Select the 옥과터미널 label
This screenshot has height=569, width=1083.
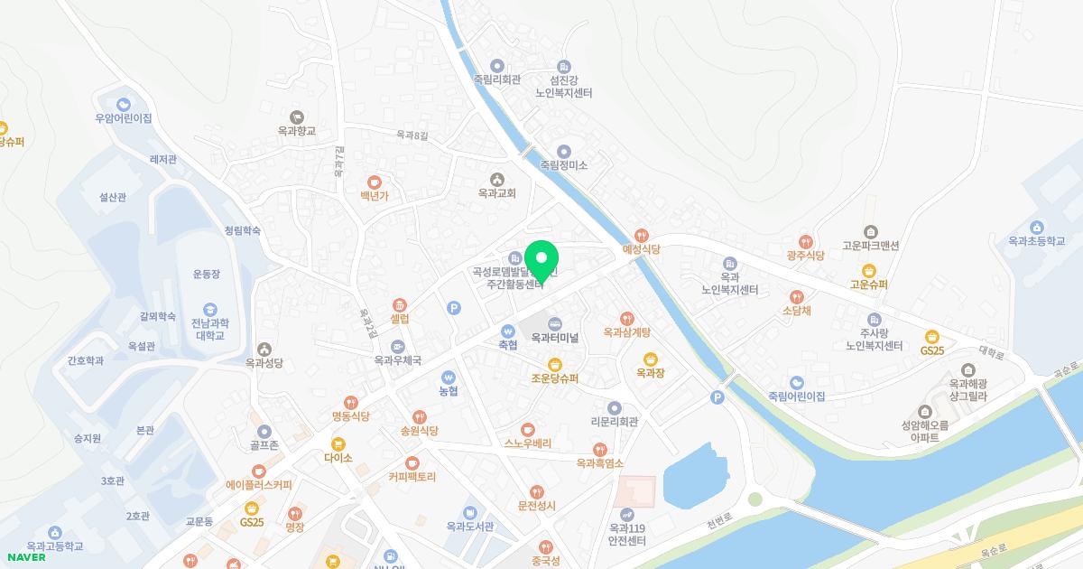pyautogui.click(x=554, y=338)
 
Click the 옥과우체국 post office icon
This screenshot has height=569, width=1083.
pyautogui.click(x=398, y=346)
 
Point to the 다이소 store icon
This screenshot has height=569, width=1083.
pyautogui.click(x=338, y=443)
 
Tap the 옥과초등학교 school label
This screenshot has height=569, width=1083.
pyautogui.click(x=1037, y=241)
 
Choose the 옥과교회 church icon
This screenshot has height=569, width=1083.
pyautogui.click(x=496, y=179)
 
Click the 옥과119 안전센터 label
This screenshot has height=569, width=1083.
pyautogui.click(x=627, y=535)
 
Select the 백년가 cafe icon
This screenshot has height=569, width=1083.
pyautogui.click(x=374, y=182)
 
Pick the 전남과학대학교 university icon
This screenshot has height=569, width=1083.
pyautogui.click(x=210, y=310)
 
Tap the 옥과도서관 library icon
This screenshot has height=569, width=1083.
pyautogui.click(x=469, y=513)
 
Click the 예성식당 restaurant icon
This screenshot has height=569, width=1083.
pyautogui.click(x=642, y=235)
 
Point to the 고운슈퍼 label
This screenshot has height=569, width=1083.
pyautogui.click(x=868, y=284)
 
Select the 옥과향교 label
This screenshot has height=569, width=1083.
pyautogui.click(x=297, y=131)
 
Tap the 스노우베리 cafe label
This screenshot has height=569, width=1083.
pyautogui.click(x=528, y=443)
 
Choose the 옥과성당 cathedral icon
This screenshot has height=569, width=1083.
pyautogui.click(x=264, y=349)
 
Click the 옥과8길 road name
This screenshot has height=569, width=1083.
pyautogui.click(x=412, y=135)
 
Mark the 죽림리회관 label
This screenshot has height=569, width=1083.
pyautogui.click(x=497, y=79)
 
